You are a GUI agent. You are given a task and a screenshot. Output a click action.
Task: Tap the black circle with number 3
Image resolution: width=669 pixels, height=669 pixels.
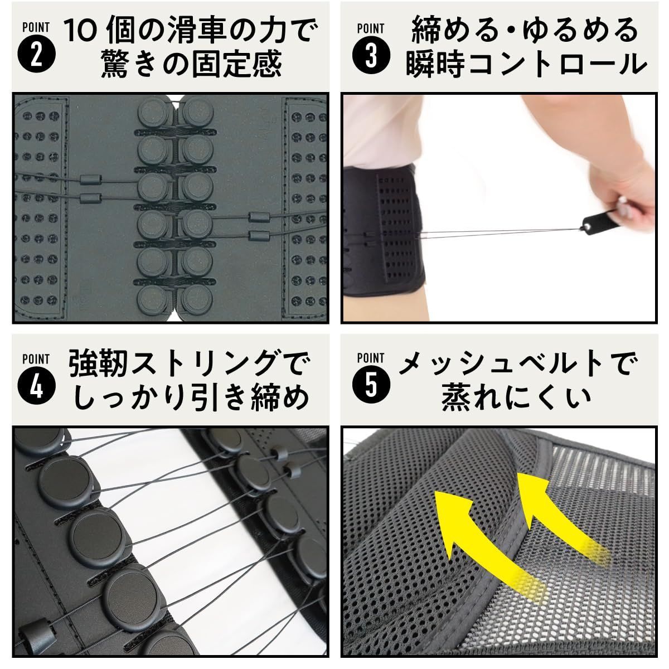(x=371, y=57)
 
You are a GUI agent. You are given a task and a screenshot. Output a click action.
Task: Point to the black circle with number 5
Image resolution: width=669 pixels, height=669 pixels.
(x=371, y=386)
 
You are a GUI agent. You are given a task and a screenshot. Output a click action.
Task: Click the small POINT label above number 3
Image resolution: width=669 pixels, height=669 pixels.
(x=371, y=28)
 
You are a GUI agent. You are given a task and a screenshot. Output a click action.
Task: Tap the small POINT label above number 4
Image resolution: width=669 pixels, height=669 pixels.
(x=36, y=359)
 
